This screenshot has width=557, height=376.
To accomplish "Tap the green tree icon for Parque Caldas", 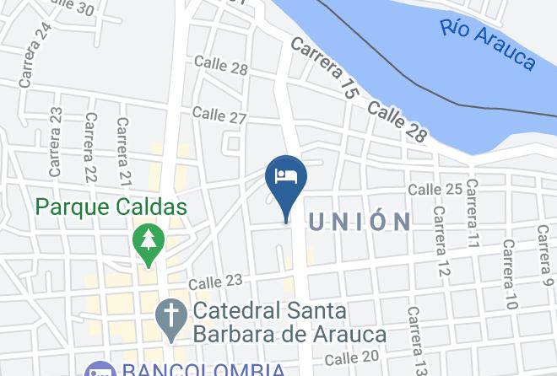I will (149, 241).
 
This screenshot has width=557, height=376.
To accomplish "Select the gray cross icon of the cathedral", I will (171, 318).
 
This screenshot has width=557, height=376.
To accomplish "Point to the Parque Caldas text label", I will (111, 206).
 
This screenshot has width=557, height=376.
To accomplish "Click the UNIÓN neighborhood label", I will (360, 222).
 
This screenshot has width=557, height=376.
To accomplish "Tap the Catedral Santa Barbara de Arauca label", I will (289, 321).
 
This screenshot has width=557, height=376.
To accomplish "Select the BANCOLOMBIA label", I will (203, 368).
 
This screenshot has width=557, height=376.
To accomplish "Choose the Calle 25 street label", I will (435, 189).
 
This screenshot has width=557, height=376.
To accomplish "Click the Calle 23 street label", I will (215, 281).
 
